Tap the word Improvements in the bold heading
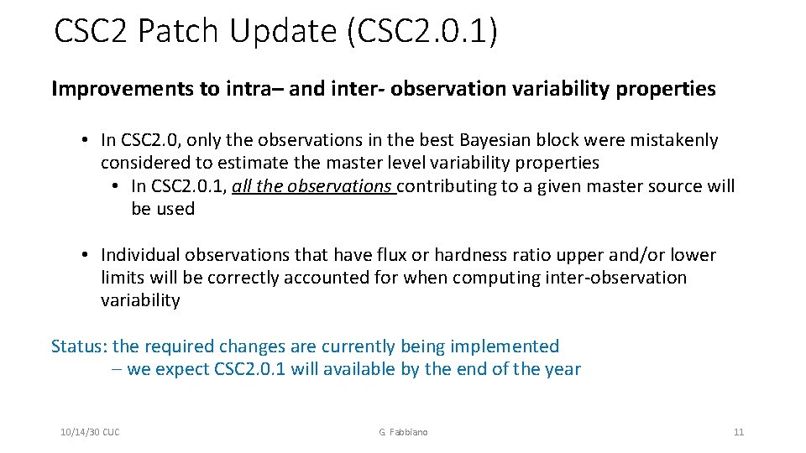[x=123, y=89]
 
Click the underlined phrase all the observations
[x=313, y=186]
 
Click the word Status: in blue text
[x=79, y=346]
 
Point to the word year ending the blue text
[x=561, y=369]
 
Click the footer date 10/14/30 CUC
[x=90, y=432]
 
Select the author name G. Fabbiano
[x=403, y=432]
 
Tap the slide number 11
[x=739, y=432]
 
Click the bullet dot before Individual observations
[x=86, y=255]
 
